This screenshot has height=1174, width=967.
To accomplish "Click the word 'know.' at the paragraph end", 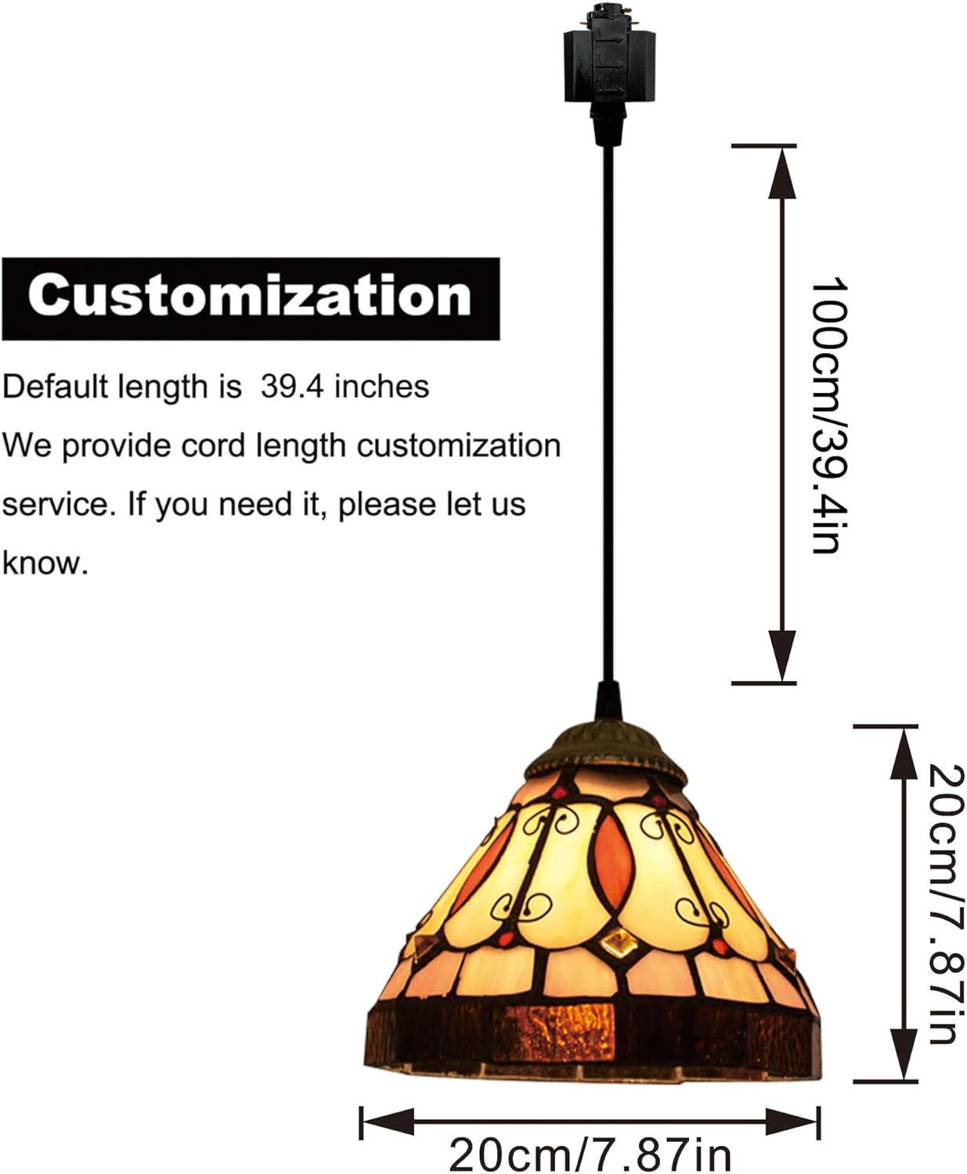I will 45,563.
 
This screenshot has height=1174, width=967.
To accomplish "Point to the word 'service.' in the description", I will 60,504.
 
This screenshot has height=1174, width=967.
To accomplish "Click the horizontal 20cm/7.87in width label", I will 590,1154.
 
